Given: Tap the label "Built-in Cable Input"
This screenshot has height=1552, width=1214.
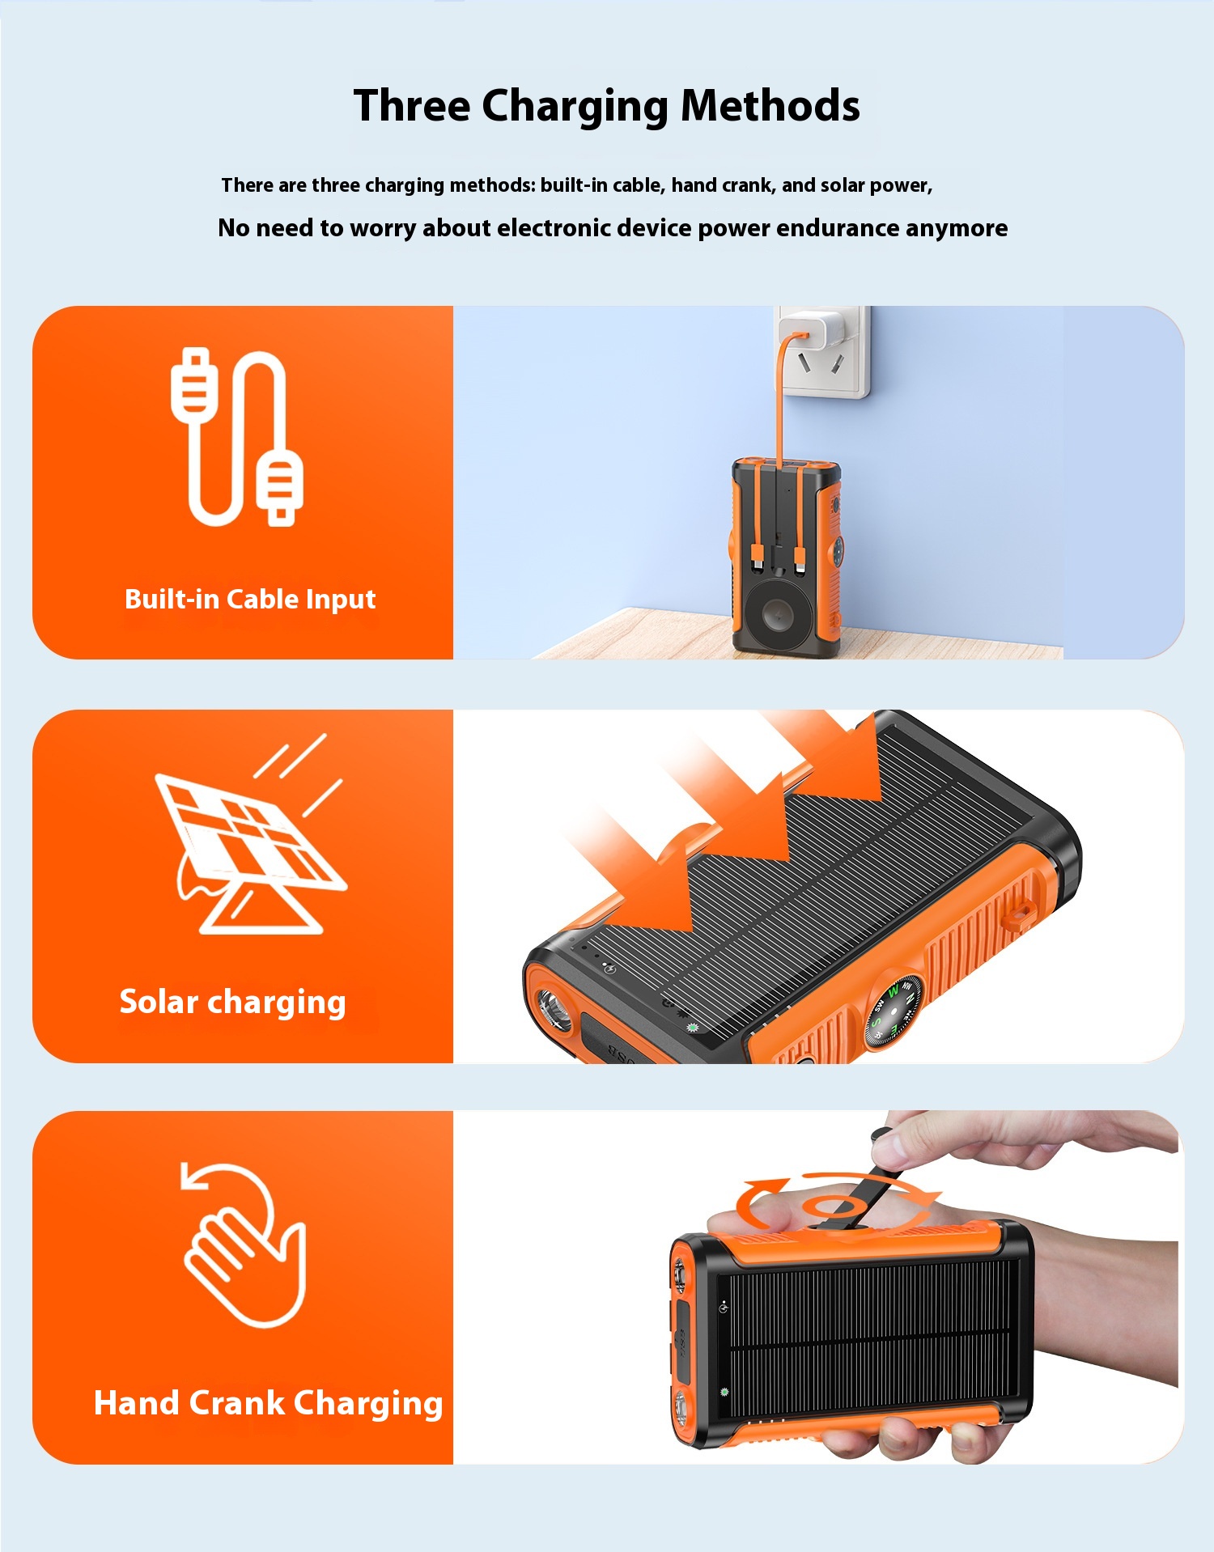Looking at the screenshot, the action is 250,599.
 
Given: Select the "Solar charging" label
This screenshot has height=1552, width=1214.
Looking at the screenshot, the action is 232,1003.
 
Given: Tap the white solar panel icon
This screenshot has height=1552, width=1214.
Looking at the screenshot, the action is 251,833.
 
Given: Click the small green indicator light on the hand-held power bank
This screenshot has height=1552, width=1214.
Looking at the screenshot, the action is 724,1393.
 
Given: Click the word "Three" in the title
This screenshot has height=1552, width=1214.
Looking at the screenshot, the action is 412,106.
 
